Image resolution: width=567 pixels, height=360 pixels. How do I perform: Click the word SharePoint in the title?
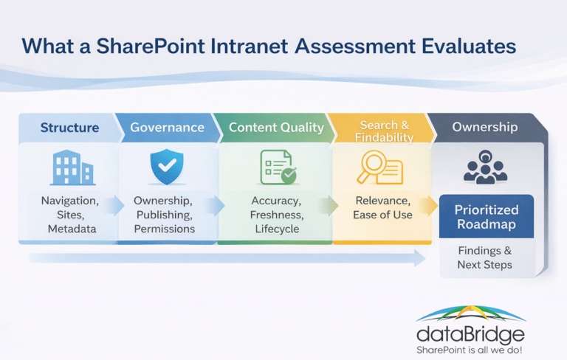point(151,46)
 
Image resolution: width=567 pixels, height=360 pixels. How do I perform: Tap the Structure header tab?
point(69,128)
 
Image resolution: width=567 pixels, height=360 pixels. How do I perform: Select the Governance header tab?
point(168,128)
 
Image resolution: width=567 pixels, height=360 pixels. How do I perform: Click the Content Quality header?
point(276,128)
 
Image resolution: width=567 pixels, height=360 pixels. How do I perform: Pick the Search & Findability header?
point(384,131)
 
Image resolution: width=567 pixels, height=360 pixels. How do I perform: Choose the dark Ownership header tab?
point(484,127)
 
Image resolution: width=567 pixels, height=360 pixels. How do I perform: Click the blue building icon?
point(72,167)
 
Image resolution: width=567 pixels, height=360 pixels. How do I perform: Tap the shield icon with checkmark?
point(167,167)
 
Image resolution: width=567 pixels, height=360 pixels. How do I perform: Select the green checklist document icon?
point(278,167)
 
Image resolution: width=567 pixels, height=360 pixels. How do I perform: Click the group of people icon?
point(485,167)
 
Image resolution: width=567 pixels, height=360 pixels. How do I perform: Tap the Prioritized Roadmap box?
point(487,216)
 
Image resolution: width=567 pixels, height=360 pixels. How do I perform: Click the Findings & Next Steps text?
point(485,257)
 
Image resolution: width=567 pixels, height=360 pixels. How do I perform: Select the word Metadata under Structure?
point(72,229)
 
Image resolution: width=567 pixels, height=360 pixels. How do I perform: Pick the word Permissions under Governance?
point(165,229)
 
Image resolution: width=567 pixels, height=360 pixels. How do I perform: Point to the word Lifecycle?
point(277,229)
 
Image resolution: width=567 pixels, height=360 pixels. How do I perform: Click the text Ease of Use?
point(382,215)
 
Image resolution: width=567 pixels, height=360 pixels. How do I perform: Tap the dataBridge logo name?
point(470,335)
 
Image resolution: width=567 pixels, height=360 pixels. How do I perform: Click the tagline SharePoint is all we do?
point(470,350)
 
